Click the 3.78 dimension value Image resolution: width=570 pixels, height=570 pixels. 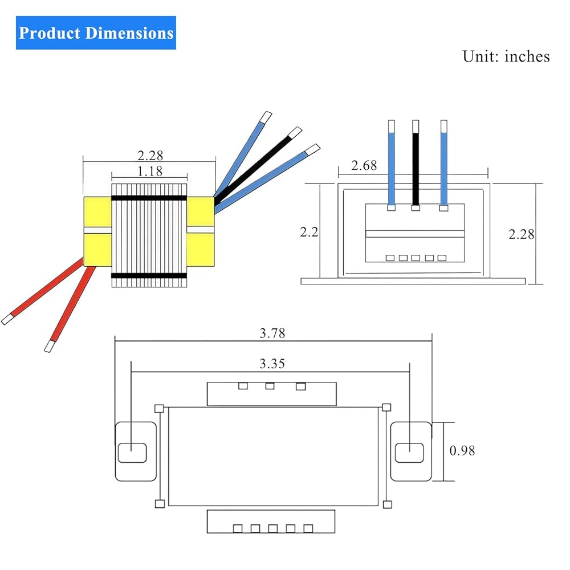[x=272, y=333]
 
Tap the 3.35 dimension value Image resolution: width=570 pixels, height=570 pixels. [x=272, y=364]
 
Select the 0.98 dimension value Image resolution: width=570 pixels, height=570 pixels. [x=462, y=451]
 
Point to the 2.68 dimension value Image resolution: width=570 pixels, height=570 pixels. [x=364, y=165]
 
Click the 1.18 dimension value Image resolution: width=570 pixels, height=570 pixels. [x=150, y=171]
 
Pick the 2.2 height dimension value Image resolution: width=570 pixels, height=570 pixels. [x=309, y=232]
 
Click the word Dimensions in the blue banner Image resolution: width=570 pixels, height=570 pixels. [x=129, y=32]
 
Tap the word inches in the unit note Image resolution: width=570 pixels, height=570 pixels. [x=527, y=56]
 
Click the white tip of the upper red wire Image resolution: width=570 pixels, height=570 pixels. [x=7, y=319]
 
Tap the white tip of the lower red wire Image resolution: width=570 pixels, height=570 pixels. [x=50, y=346]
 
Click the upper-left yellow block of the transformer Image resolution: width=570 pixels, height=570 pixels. [x=97, y=212]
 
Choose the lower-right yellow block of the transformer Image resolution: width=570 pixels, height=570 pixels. [x=200, y=250]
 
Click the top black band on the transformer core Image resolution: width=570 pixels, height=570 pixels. [x=149, y=198]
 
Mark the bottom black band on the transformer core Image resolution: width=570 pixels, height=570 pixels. [x=149, y=276]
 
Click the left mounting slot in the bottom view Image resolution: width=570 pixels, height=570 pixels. [x=132, y=453]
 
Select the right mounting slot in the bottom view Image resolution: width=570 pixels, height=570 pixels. [x=409, y=453]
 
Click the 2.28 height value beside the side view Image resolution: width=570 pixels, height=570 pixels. [x=522, y=234]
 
